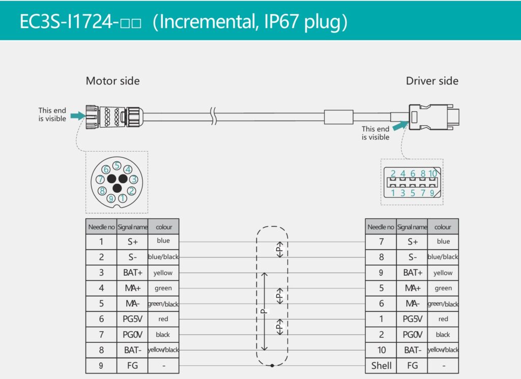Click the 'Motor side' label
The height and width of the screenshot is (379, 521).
[x=112, y=81]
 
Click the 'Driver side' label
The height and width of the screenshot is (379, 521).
[x=432, y=81]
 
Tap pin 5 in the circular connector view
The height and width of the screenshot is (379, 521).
[x=117, y=165]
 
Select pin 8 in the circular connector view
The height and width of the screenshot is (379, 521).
[x=102, y=191]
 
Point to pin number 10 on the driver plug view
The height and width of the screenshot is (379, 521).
[x=432, y=173]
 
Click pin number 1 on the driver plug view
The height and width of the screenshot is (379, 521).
[x=393, y=193]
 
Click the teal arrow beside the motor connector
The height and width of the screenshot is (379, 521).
[x=78, y=115]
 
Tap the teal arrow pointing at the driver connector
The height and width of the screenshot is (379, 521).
[x=400, y=126]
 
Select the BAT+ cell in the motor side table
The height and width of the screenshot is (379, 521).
[x=132, y=273]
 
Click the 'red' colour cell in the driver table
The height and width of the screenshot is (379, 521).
[x=443, y=319]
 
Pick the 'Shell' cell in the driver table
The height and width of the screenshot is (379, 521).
[x=381, y=366]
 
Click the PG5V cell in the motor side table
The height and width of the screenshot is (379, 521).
[x=132, y=319]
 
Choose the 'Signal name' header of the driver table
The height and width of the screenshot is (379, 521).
[x=412, y=227]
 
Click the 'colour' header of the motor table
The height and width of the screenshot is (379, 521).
[x=164, y=227]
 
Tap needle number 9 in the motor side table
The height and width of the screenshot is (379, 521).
[x=101, y=366]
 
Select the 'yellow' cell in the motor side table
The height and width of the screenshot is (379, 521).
[x=163, y=273]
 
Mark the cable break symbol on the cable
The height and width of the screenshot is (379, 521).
[x=214, y=116]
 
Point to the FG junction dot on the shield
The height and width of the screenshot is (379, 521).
[x=272, y=366]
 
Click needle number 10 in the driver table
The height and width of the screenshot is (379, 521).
[x=381, y=350]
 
